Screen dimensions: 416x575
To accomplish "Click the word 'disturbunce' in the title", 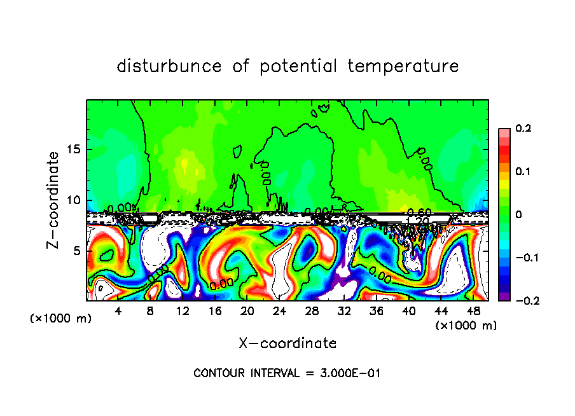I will point(169,66).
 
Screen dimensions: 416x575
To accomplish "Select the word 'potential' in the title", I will point(298,67).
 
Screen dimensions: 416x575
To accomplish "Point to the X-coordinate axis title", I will point(287,343).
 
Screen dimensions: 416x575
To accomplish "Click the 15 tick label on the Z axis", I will point(74,149).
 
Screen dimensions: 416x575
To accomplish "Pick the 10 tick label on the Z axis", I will point(74,200).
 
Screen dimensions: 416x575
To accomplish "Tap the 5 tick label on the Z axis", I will point(78,251).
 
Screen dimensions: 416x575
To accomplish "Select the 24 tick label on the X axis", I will point(279,311).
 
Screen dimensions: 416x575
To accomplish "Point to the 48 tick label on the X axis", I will point(473,311).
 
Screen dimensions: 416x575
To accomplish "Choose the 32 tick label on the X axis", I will point(344,311).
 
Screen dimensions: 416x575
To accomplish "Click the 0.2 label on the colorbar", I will point(523,128).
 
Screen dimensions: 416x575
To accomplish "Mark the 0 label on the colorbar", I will point(519,215).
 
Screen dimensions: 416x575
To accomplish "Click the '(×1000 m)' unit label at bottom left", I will point(61,319).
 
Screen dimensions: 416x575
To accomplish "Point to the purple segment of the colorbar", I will point(504,296).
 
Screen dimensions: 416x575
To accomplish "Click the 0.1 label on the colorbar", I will point(523,172).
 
